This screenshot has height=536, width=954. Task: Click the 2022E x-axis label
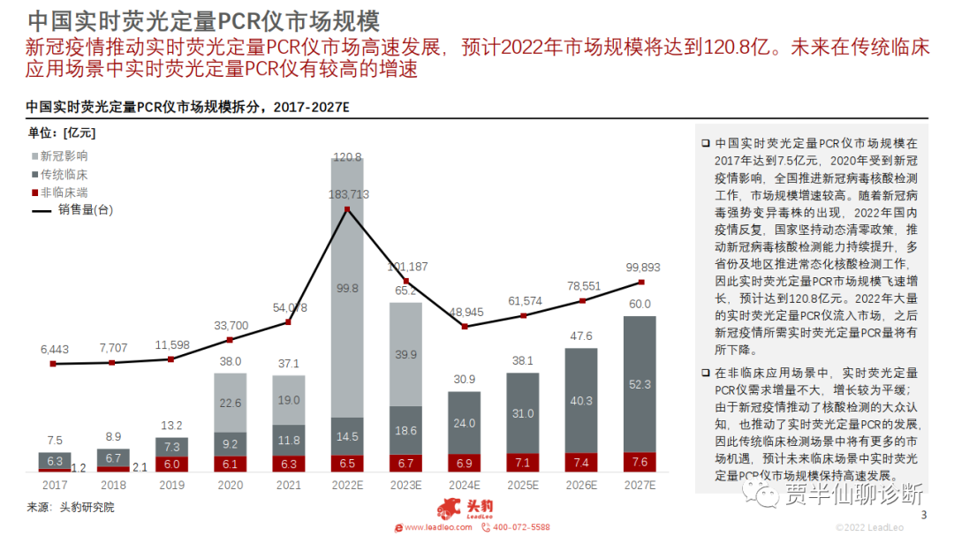coord(347,485)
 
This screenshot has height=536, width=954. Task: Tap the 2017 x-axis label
coord(54,485)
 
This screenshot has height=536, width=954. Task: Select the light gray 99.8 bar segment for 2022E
coord(347,287)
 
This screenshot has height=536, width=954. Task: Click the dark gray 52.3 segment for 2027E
coord(640,384)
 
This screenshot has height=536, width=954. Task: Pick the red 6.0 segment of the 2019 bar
coord(171,464)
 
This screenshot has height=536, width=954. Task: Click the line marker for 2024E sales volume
coord(465,327)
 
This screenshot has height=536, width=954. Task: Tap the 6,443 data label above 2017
coord(55,350)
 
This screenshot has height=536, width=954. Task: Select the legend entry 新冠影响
coord(63,156)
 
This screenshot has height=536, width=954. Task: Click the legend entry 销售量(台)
coord(85,210)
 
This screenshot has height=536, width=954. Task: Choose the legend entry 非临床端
coord(63,192)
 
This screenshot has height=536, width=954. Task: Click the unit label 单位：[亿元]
coord(61,133)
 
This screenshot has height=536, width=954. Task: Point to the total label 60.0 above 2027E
coord(640,305)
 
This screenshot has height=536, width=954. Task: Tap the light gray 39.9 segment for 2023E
coord(406,354)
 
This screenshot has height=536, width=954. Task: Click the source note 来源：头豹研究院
coord(71,508)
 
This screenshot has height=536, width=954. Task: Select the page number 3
coord(925,516)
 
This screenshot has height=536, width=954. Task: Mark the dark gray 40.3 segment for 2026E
coord(582,400)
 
